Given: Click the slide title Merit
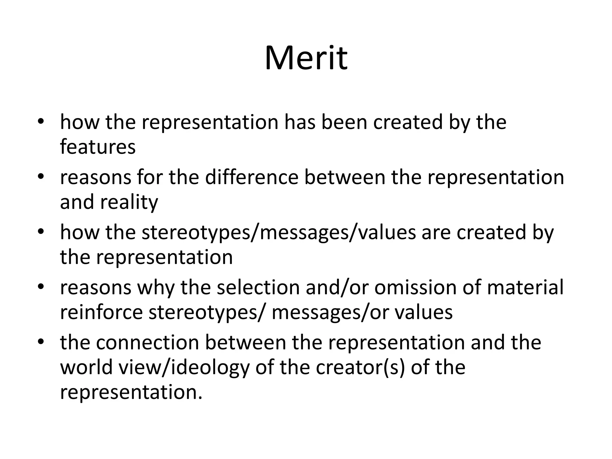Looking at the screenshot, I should (x=306, y=58).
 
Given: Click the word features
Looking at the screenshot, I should (x=98, y=147).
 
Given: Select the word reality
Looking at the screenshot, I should (x=129, y=202).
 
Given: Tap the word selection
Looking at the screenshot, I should (x=258, y=287).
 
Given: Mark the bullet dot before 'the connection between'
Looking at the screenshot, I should (x=41, y=342).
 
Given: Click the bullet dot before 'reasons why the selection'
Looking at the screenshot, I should (x=41, y=287).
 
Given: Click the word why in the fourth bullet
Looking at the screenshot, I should (x=156, y=288).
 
